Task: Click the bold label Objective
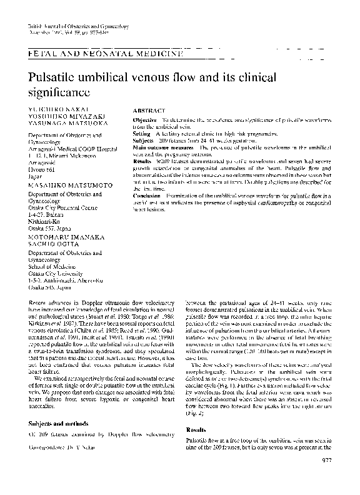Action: coord(145,119)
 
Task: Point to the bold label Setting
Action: coord(142,134)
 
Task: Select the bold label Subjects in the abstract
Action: coord(144,141)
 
